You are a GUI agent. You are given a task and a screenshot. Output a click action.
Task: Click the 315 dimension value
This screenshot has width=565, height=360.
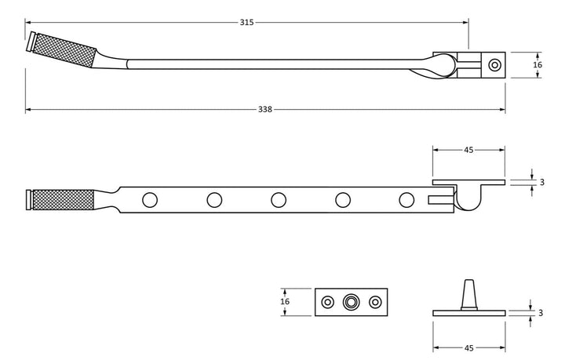(x=246, y=23)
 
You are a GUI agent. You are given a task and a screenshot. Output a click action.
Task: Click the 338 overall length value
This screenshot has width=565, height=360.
(x=265, y=109)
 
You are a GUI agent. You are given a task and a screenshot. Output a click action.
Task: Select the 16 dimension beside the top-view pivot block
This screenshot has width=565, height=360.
(x=538, y=65)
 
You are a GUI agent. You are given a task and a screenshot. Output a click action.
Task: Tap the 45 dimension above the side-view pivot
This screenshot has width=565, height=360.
(x=468, y=149)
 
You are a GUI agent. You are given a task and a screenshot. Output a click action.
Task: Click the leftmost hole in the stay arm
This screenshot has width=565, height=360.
(x=148, y=200)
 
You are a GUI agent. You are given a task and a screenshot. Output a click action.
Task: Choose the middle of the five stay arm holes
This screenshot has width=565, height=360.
(x=278, y=200)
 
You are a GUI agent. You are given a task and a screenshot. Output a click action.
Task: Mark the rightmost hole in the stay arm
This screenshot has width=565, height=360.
(x=406, y=200)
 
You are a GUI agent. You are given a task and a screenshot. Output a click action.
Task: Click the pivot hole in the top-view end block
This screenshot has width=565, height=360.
(x=494, y=65)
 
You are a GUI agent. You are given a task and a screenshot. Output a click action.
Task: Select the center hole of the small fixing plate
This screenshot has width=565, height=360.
(x=351, y=301)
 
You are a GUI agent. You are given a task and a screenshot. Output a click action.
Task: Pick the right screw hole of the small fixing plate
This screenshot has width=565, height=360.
(x=375, y=301)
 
